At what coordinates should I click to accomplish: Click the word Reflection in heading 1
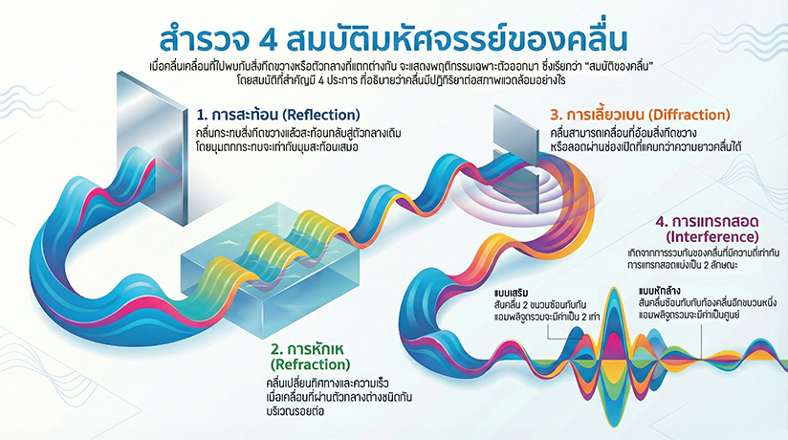pos(321,115)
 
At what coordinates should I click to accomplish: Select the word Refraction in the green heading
pos(310,364)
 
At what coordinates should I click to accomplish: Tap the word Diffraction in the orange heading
pos(689,115)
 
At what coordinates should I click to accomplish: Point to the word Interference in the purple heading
pos(712,236)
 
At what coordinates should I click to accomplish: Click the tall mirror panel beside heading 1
pos(152,148)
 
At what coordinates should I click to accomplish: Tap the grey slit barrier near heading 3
pos(516,159)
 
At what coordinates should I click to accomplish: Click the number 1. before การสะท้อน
pos(202,115)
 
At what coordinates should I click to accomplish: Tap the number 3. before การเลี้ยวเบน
pos(556,115)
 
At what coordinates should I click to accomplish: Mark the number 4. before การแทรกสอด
pos(662,222)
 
